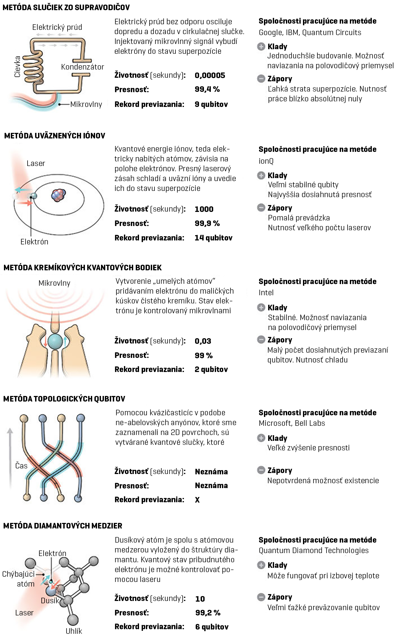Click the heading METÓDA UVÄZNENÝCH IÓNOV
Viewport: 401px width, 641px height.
click(54, 136)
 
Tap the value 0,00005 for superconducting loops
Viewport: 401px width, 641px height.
click(210, 75)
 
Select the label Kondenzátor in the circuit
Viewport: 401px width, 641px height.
click(82, 67)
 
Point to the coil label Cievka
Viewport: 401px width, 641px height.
click(17, 67)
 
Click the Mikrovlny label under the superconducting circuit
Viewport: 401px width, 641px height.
click(86, 104)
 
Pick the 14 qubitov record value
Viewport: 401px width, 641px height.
click(213, 238)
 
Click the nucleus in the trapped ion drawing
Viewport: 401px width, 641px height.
click(58, 195)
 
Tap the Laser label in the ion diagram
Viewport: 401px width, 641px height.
click(36, 163)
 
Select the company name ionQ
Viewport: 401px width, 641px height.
click(266, 161)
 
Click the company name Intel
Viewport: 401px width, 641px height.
click(266, 293)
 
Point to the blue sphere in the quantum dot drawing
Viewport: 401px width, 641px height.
click(55, 341)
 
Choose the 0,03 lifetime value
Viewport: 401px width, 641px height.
click(203, 341)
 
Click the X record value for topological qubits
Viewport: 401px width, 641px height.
click(197, 500)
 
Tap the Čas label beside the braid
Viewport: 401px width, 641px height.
click(21, 466)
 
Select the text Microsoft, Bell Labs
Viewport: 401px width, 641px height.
click(292, 423)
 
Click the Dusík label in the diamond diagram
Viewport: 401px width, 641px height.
click(50, 601)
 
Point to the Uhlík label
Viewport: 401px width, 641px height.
click(74, 631)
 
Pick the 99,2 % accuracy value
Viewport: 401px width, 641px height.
click(208, 613)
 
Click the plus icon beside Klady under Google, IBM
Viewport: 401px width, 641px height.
click(261, 47)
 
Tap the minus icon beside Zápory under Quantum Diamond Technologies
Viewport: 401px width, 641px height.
click(261, 597)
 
